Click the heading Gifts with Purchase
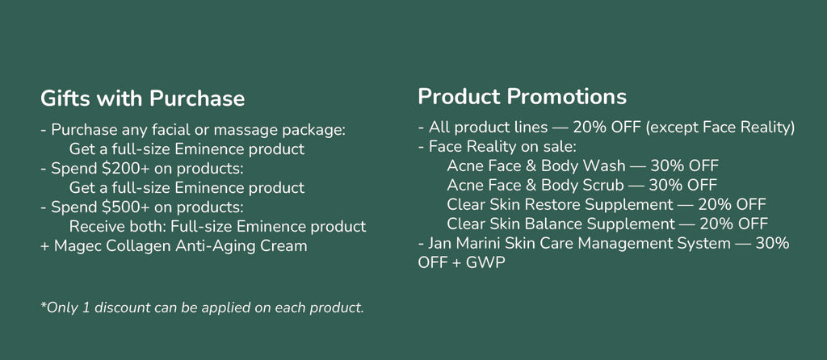click(142, 99)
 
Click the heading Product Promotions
click(523, 96)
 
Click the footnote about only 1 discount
click(202, 308)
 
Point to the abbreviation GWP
click(485, 262)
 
